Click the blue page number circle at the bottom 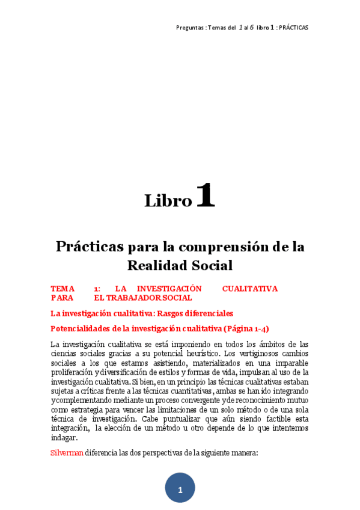click(180, 490)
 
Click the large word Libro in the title click(168, 200)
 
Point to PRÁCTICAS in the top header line click(294, 28)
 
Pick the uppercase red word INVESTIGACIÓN click(169, 289)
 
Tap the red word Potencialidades click(82, 329)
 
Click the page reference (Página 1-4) click(246, 329)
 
